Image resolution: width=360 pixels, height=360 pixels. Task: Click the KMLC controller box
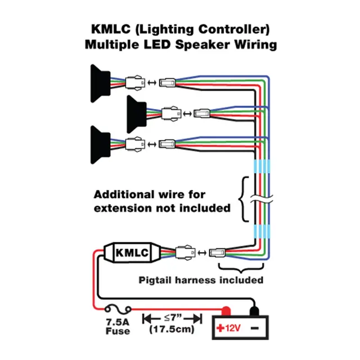coord(132,253)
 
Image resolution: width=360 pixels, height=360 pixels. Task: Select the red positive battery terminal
coord(226,310)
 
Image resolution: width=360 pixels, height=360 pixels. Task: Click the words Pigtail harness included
coord(200,280)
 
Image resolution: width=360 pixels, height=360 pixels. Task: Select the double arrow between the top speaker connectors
coord(151,83)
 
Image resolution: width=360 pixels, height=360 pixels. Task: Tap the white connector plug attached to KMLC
coord(185,253)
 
